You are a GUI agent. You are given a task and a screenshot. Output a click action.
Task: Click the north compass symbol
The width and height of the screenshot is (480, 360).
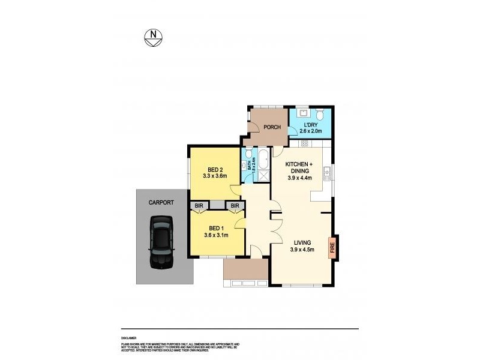click(x=154, y=37)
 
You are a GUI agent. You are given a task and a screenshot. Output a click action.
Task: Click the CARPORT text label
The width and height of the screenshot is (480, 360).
click(x=161, y=203)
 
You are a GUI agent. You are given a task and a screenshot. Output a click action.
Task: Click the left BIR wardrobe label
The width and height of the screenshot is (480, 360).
click(x=198, y=206)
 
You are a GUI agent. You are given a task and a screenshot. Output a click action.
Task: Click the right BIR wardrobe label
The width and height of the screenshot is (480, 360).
click(x=235, y=206)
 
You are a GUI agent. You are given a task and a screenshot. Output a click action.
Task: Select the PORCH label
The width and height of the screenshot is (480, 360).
click(x=272, y=127)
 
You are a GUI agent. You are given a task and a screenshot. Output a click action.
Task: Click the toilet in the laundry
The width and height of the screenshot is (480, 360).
click(x=320, y=115)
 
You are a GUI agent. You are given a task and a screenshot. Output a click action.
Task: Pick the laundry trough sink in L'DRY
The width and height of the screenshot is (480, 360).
click(x=303, y=113)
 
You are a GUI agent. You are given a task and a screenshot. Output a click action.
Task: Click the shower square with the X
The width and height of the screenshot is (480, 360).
click(x=263, y=176)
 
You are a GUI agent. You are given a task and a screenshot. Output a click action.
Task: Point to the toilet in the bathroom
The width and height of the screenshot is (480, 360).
click(x=248, y=153)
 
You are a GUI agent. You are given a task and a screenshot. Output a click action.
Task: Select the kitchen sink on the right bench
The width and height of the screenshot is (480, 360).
click(x=327, y=174)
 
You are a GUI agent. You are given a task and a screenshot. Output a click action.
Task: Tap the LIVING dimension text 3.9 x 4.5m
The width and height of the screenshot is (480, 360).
click(x=302, y=250)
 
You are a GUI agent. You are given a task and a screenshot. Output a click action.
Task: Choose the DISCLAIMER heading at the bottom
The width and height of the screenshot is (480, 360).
click(x=128, y=338)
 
